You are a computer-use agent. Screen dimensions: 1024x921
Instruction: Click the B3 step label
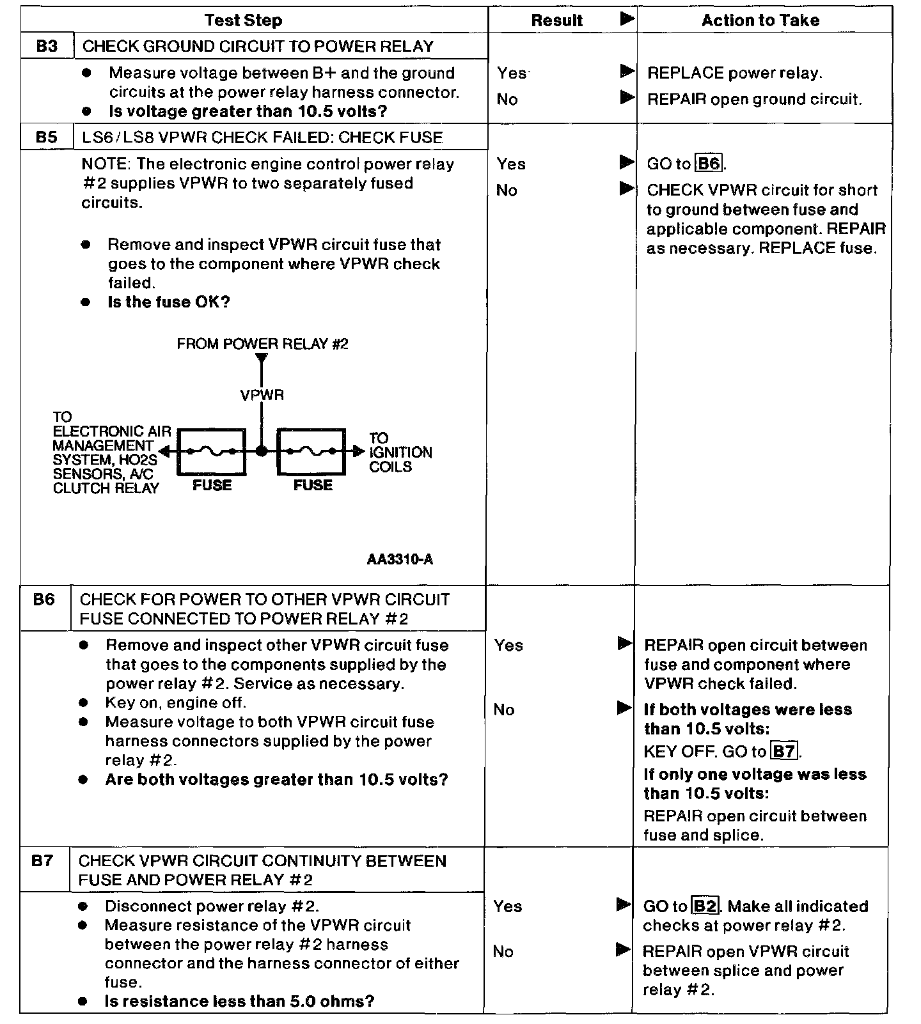(47, 46)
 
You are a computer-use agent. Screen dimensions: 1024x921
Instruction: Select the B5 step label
(47, 137)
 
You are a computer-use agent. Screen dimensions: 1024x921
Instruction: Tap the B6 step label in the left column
(44, 600)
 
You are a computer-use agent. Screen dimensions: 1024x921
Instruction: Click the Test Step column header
(243, 20)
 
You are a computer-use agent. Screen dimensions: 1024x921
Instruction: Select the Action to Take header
(760, 20)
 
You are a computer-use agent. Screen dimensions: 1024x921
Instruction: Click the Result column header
(556, 20)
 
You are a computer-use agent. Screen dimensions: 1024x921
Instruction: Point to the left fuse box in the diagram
(212, 451)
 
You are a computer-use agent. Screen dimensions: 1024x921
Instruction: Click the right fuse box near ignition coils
(311, 451)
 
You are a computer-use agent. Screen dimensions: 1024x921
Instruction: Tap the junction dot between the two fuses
(261, 451)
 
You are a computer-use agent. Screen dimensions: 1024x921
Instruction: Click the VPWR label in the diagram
(262, 395)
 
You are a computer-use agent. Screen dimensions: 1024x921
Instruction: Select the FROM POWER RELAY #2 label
(262, 345)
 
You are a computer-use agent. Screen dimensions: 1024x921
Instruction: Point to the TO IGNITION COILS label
(400, 453)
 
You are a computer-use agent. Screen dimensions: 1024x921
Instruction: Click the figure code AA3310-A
(400, 560)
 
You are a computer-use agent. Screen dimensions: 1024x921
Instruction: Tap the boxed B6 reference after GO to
(709, 164)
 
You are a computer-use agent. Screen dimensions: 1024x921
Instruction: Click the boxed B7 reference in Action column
(785, 751)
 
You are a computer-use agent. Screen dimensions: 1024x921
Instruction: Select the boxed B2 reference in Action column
(705, 906)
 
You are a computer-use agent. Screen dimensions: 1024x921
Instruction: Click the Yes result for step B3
(511, 74)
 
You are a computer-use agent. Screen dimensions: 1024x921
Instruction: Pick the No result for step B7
(503, 952)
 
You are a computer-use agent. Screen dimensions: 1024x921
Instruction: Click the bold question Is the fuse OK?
(168, 302)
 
